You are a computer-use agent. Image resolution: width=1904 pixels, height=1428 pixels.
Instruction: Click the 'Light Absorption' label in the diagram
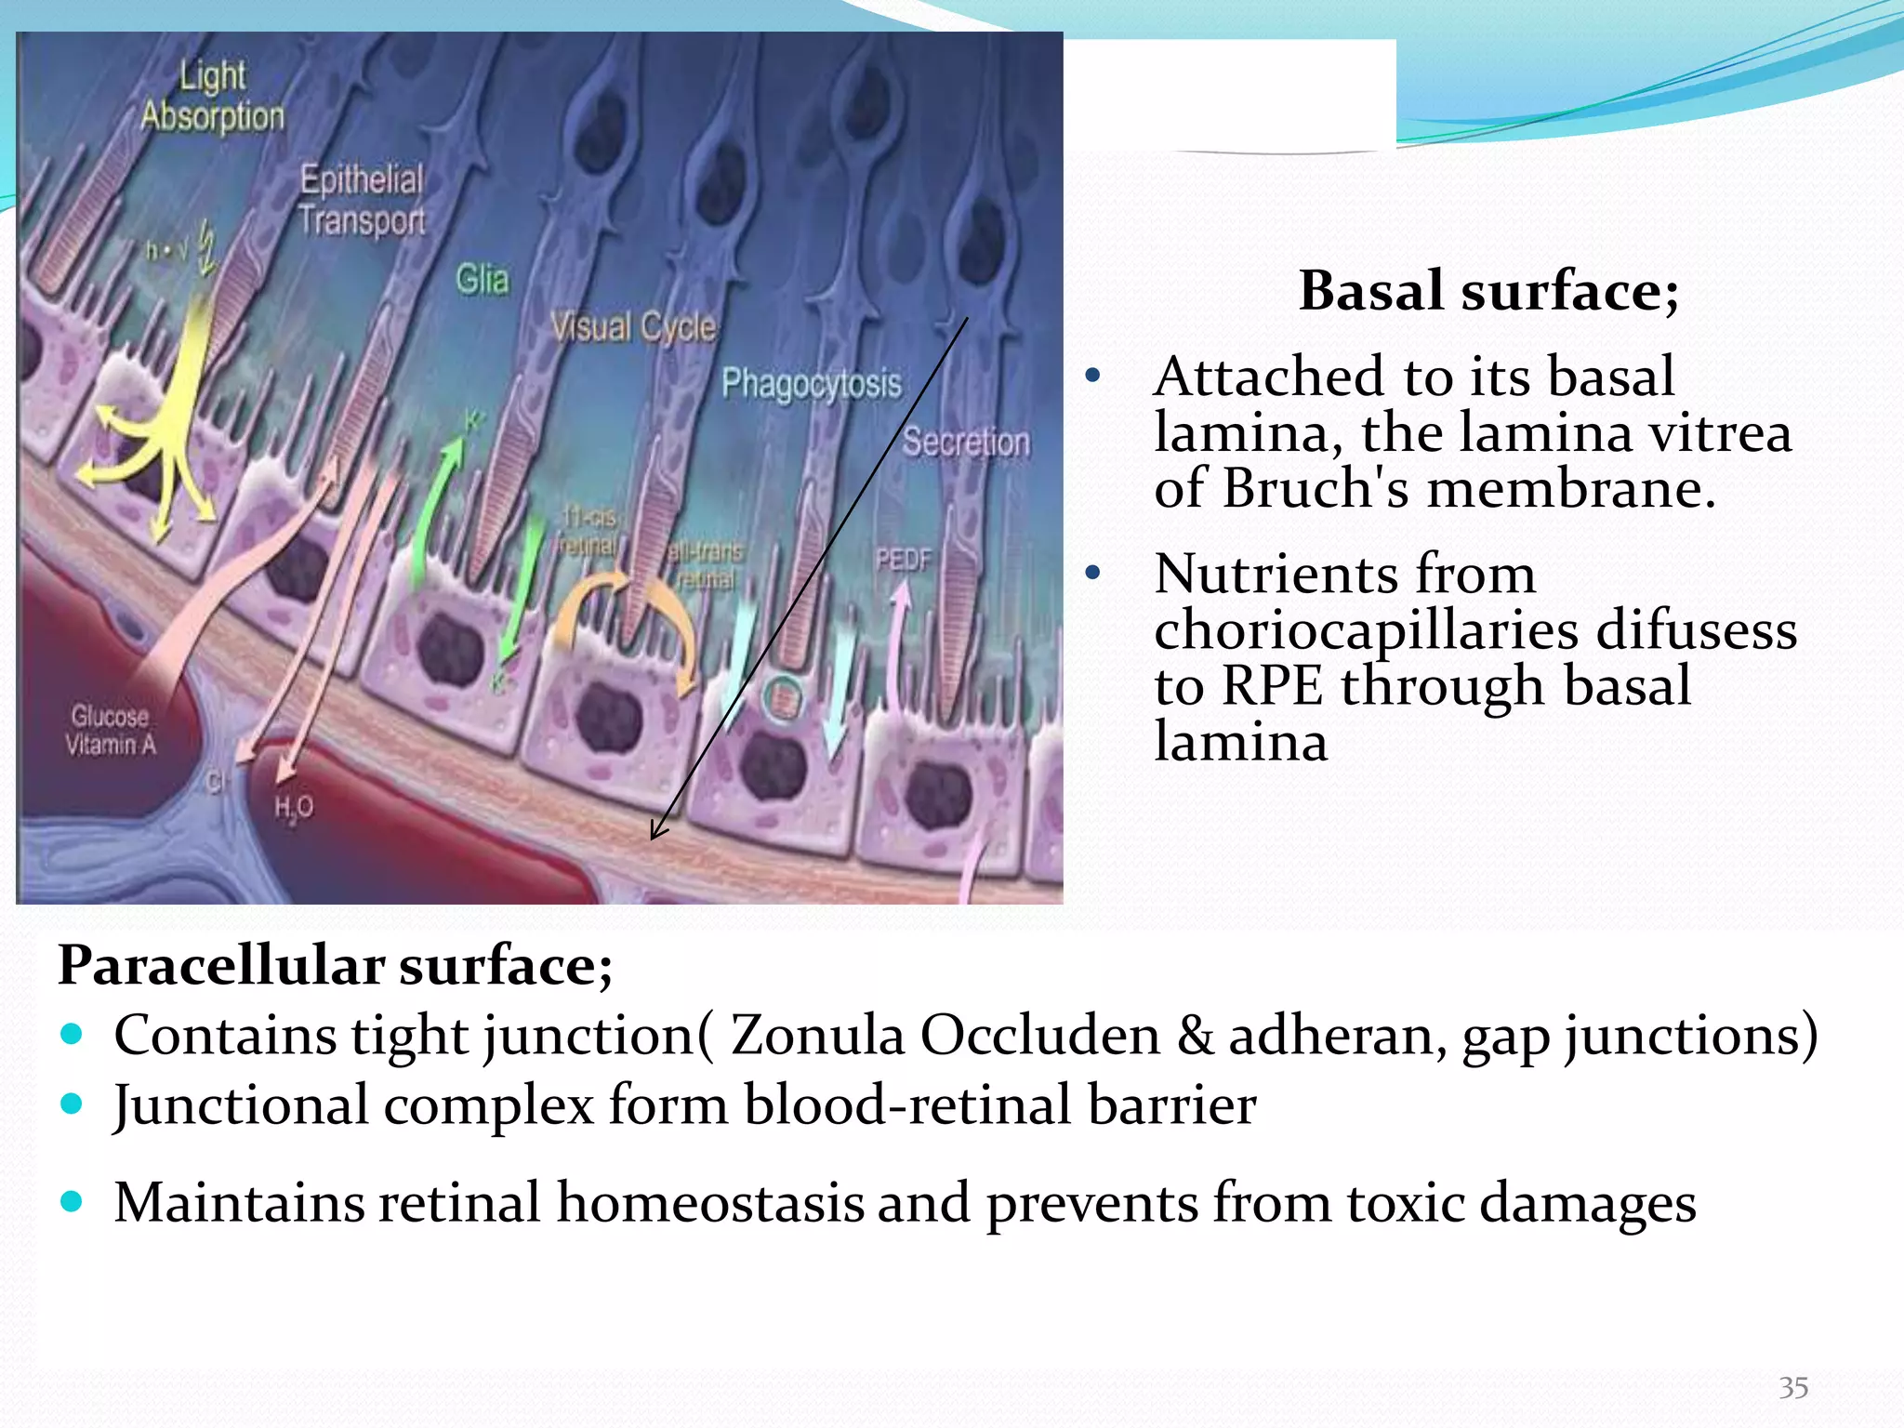point(213,96)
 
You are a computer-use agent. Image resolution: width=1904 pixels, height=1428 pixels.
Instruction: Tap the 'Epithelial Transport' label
point(362,200)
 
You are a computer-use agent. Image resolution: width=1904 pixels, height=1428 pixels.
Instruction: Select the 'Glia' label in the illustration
point(483,279)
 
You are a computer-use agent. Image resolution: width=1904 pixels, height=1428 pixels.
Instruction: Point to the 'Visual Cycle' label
point(633,327)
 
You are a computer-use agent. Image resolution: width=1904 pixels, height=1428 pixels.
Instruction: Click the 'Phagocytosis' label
point(812,383)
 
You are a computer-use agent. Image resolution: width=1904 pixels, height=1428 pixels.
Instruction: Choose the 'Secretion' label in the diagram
point(966,442)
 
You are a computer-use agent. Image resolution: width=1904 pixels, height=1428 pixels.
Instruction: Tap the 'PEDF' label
point(903,560)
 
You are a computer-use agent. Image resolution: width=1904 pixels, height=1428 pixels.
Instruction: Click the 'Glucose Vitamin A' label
point(111,730)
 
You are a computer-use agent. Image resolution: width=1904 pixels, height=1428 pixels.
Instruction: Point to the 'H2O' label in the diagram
point(294,807)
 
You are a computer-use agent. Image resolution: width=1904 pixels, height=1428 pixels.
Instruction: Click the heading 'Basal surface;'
point(1488,291)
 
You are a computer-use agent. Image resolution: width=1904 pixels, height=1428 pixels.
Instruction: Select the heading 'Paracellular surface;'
point(336,965)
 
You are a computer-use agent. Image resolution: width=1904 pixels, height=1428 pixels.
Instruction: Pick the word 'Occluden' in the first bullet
point(1040,1035)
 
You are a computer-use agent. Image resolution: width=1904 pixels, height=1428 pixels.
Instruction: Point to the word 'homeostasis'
point(711,1202)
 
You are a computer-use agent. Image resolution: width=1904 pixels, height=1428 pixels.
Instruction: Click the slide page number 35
point(1793,1388)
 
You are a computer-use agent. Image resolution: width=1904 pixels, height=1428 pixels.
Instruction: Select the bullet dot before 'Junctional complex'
point(72,1104)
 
